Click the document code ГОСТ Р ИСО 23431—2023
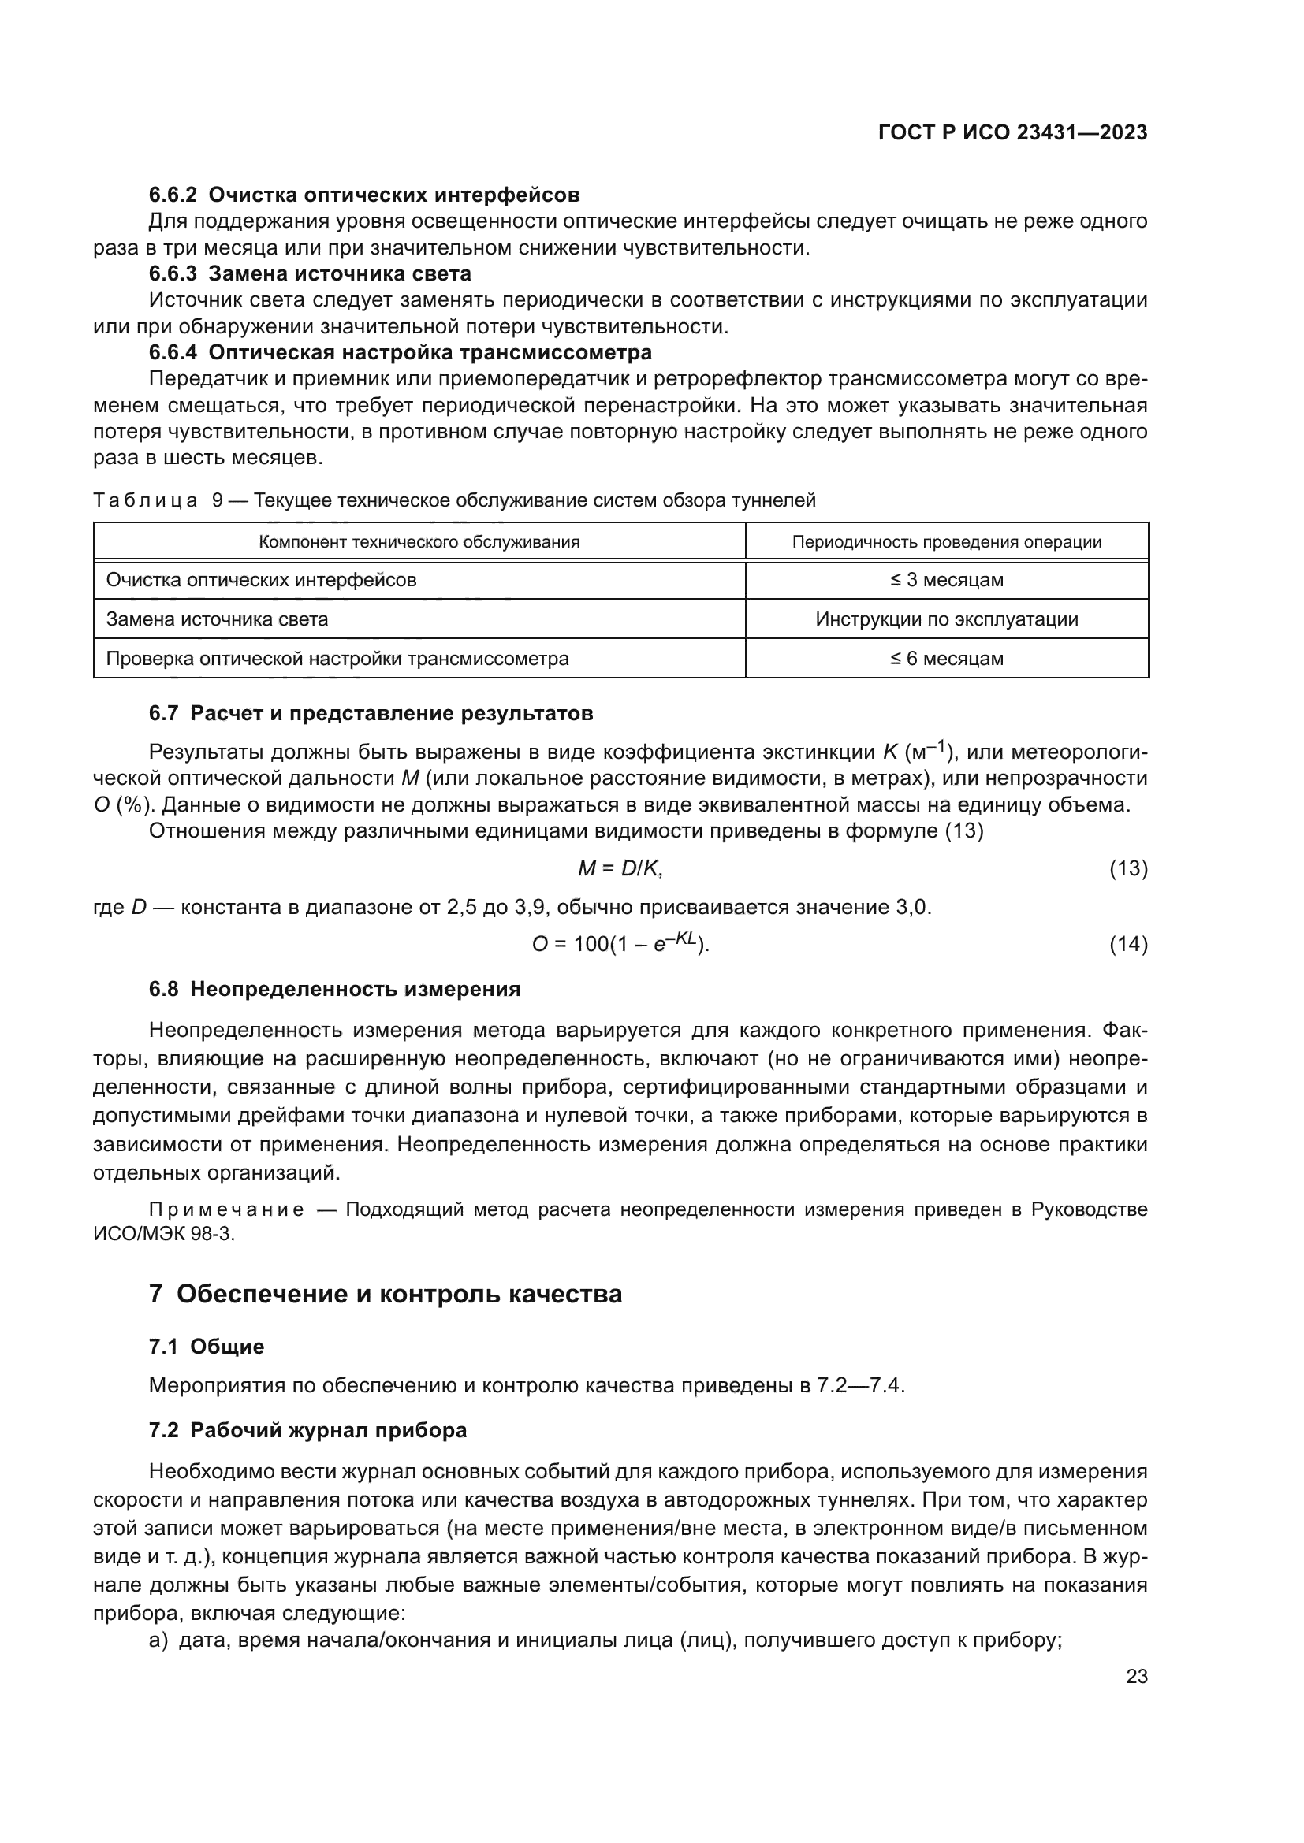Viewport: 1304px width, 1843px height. point(1012,132)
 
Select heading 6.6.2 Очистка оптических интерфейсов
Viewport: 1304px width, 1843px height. point(363,195)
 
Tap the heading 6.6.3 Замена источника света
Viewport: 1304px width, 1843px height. point(310,273)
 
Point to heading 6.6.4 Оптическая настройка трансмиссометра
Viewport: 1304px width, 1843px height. point(400,351)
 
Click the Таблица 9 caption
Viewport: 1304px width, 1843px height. point(454,500)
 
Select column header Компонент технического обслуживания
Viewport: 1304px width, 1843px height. point(419,542)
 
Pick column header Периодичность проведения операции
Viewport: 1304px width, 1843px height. point(947,542)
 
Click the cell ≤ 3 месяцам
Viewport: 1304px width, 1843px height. point(947,580)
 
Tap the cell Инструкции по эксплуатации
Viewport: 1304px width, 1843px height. point(947,619)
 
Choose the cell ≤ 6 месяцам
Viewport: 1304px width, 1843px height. point(947,658)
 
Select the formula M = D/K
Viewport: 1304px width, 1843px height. point(620,868)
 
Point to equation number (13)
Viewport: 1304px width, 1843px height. point(1128,868)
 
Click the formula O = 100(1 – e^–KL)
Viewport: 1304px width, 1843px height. point(620,943)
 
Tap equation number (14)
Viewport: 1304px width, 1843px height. point(1128,945)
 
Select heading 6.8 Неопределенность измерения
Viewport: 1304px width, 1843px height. point(335,989)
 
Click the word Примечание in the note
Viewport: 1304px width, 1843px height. point(226,1209)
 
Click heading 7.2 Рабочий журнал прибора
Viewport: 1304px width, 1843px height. point(307,1430)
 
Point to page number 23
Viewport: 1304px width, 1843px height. point(1136,1677)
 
